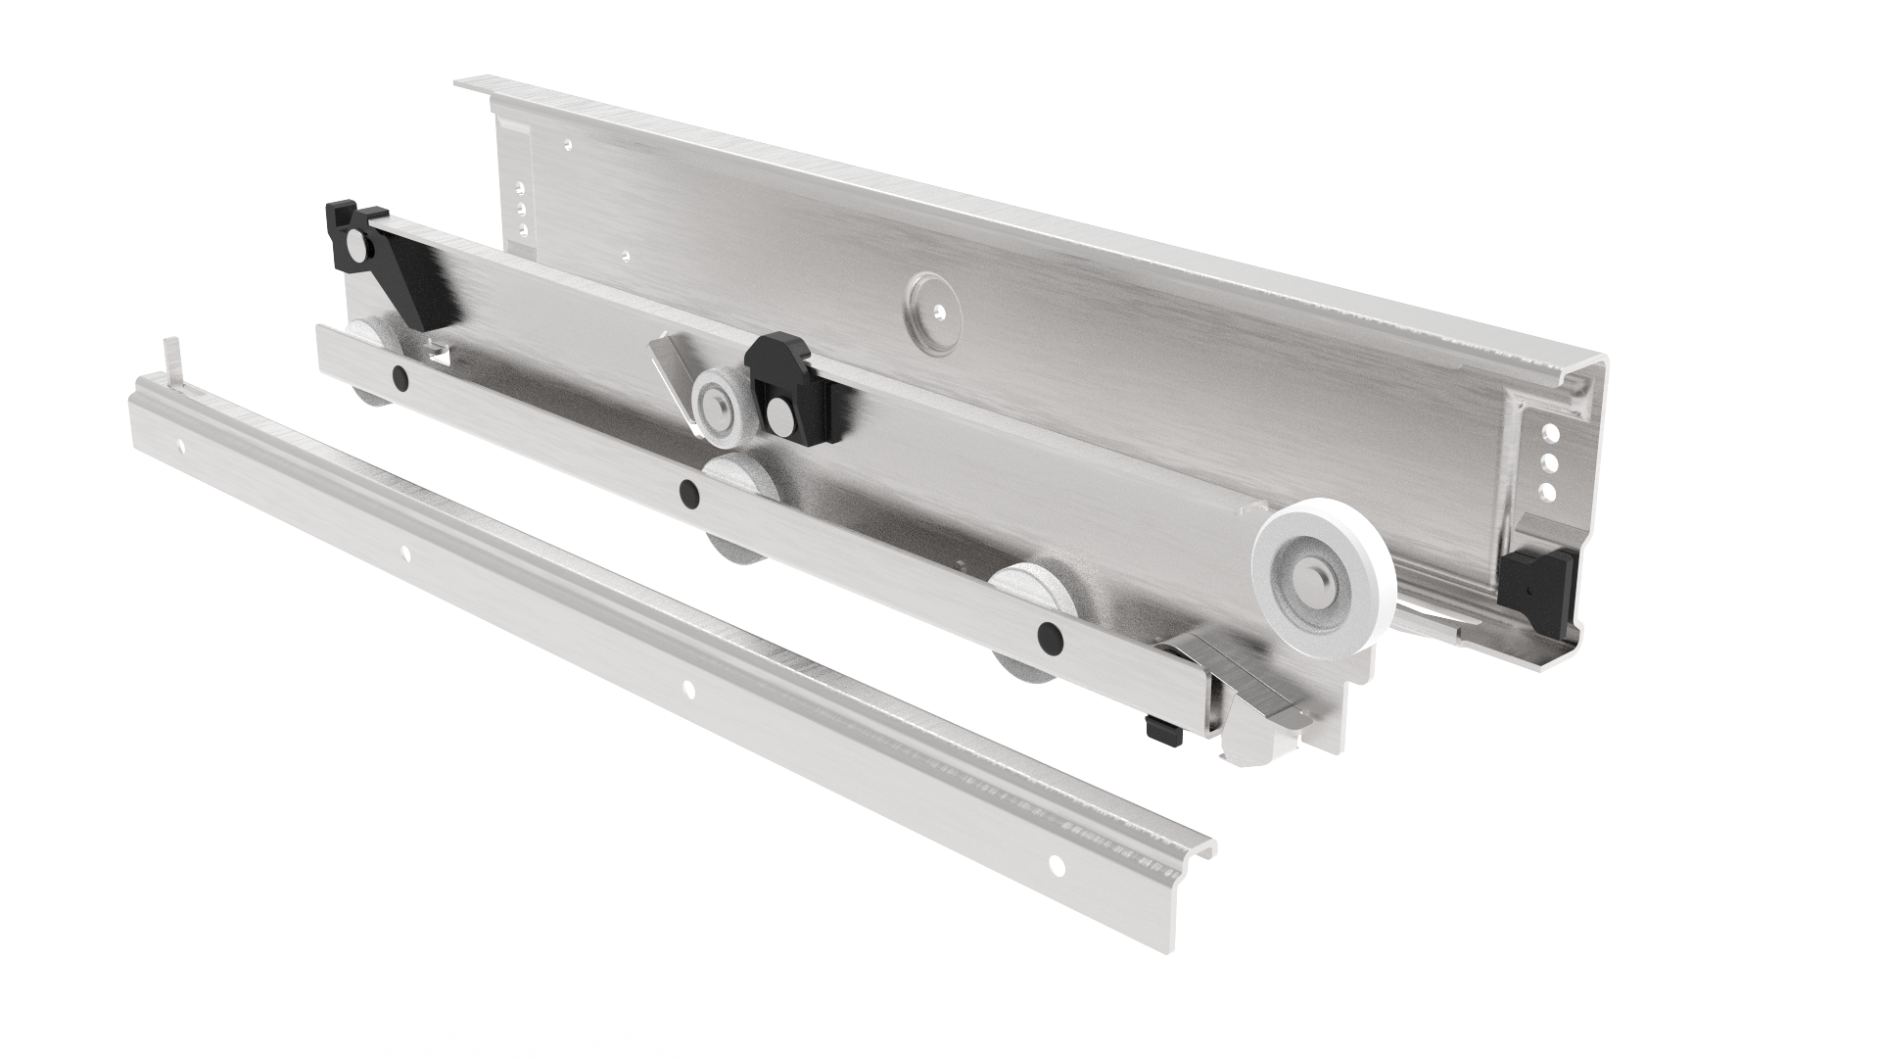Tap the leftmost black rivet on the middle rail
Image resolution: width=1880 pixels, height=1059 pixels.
pos(399,375)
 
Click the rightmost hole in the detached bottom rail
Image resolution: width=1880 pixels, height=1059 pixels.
pos(1056,864)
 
